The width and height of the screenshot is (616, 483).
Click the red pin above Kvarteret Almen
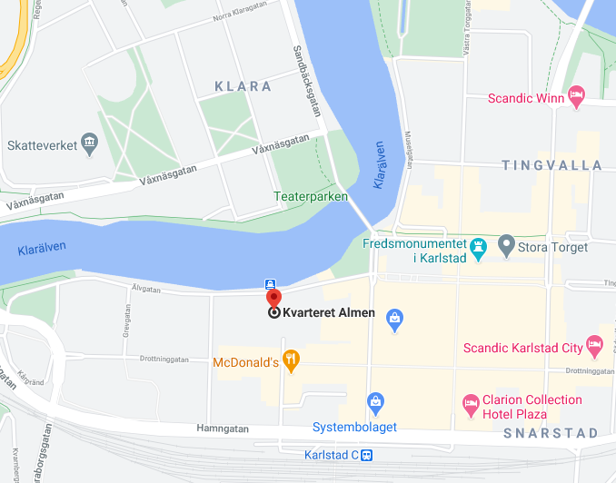(x=273, y=297)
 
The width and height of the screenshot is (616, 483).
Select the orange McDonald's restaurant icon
(x=291, y=361)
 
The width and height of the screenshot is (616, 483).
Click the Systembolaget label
(x=354, y=427)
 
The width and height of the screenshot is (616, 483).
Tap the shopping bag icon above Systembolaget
(x=375, y=401)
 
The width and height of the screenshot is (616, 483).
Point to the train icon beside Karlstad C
(x=366, y=455)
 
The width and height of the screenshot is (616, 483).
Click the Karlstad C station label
(x=331, y=455)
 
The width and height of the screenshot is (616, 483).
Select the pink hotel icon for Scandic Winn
(x=576, y=94)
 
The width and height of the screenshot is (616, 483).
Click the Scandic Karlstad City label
(x=522, y=348)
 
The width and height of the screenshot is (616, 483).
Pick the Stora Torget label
(x=552, y=246)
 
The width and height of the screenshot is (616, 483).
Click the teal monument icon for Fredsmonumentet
(x=479, y=246)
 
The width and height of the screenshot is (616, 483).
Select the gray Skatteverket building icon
(x=89, y=143)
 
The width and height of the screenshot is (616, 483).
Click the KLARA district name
(x=243, y=86)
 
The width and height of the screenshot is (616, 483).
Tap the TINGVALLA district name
(x=551, y=164)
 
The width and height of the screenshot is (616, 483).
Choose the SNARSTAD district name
(x=551, y=432)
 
